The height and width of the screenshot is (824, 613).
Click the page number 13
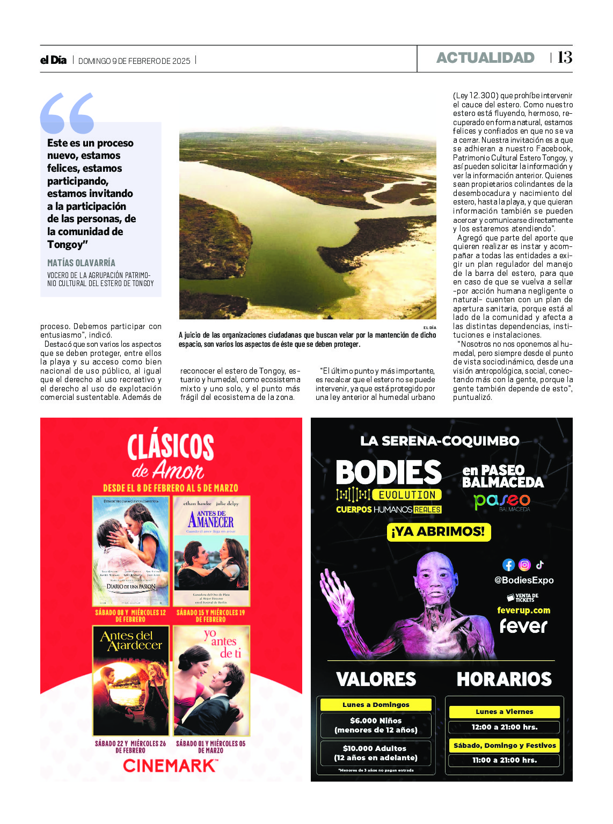click(x=565, y=57)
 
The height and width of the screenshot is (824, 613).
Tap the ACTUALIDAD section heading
click(x=485, y=58)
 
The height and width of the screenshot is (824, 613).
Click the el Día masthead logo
click(x=53, y=60)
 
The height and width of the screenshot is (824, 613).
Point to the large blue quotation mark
click(x=67, y=113)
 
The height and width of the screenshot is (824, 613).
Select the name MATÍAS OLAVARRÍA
click(x=81, y=263)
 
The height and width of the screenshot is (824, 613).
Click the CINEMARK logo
click(x=170, y=765)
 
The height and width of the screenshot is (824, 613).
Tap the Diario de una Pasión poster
click(x=131, y=551)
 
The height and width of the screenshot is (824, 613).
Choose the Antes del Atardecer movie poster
click(x=131, y=681)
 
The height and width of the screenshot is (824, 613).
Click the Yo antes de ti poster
click(x=211, y=681)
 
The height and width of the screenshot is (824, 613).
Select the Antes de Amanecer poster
click(x=211, y=551)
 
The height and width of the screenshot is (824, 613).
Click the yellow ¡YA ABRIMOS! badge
click(x=439, y=531)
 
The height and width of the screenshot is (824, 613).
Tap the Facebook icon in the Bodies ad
click(x=508, y=565)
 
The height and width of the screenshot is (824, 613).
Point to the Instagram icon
click(x=524, y=565)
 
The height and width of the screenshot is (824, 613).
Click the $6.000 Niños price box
click(x=376, y=725)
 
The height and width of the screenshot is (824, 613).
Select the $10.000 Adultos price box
click(x=376, y=753)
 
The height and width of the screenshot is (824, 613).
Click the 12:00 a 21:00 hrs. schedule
click(x=504, y=727)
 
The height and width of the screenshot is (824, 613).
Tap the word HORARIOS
click(x=504, y=680)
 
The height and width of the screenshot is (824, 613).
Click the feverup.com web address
click(x=523, y=610)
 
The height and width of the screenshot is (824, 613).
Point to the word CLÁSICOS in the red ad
click(x=171, y=447)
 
